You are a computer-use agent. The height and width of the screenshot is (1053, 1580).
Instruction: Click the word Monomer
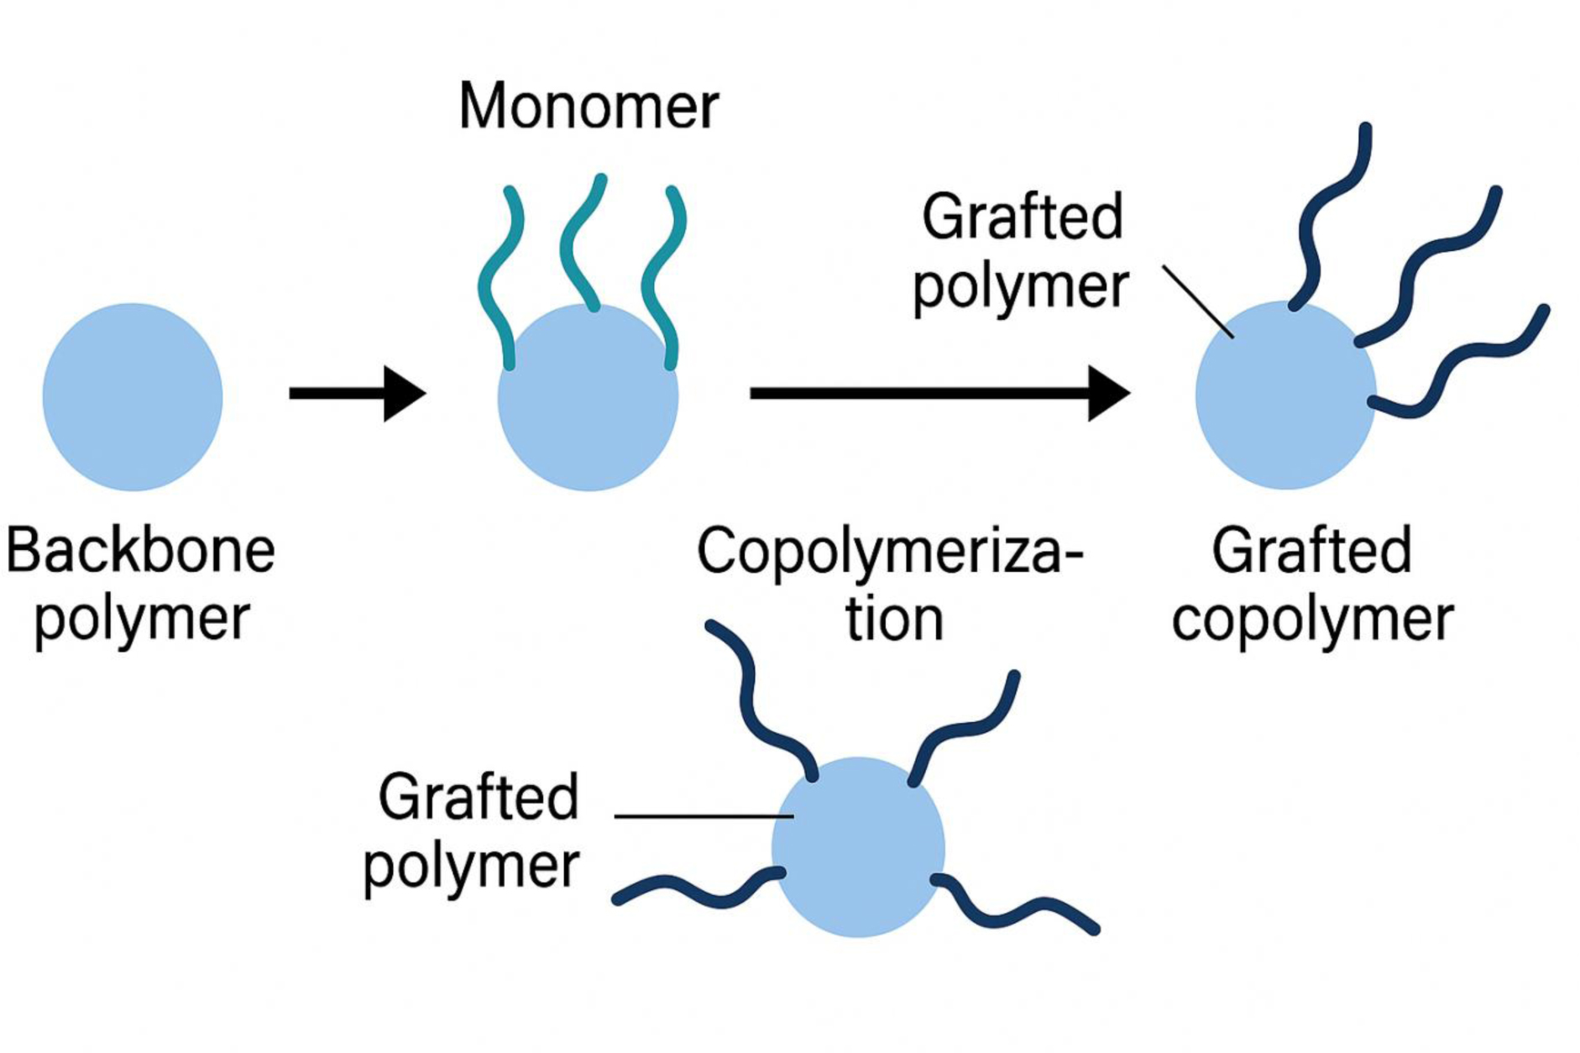pos(589,107)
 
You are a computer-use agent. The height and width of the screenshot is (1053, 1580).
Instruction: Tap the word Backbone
pos(141,551)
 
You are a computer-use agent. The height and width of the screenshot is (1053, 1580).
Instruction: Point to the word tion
pos(894,621)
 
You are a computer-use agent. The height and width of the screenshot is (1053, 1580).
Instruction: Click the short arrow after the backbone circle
pos(357,393)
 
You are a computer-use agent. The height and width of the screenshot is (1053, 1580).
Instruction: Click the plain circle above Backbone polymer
pos(133,396)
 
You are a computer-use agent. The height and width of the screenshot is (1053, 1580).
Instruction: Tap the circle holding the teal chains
pos(588,411)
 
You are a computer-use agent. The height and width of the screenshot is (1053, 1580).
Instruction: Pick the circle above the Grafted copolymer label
pos(1284,403)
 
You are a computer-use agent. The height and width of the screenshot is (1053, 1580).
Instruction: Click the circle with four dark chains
pos(858,848)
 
